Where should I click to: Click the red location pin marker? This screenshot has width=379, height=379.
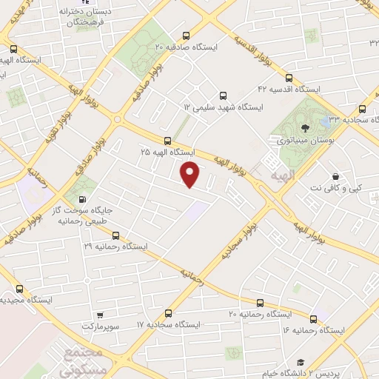pyautogui.click(x=191, y=175)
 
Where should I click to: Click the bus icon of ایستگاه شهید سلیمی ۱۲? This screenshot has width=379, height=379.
pyautogui.click(x=223, y=95)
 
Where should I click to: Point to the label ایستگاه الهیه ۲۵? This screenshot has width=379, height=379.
pyautogui.click(x=167, y=151)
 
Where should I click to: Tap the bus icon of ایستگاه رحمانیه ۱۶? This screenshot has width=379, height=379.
pyautogui.click(x=313, y=319)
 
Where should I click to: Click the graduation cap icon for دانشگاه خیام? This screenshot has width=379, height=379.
pyautogui.click(x=301, y=362)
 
